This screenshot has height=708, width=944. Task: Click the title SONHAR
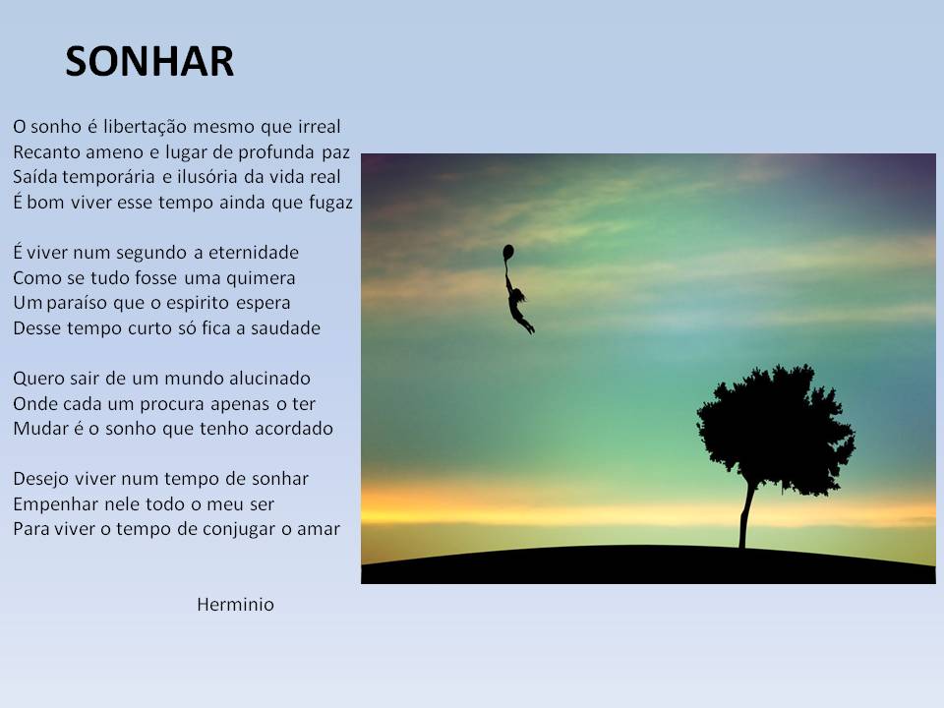149,61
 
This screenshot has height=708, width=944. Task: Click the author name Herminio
235,605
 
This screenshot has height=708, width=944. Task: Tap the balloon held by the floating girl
508,253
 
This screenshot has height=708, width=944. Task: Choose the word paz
336,153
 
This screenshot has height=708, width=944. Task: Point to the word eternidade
254,253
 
